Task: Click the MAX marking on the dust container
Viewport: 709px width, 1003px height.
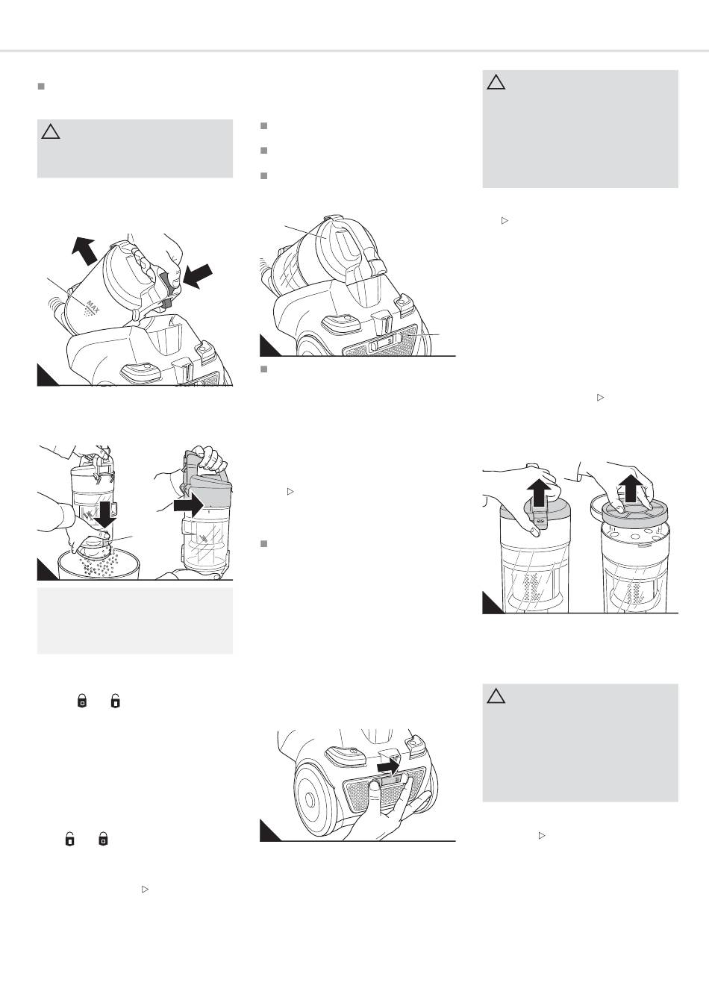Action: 92,307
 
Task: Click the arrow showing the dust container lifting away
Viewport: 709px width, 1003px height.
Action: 84,250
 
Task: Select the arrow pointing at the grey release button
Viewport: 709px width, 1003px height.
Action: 198,276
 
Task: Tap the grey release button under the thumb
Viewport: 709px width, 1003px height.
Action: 169,287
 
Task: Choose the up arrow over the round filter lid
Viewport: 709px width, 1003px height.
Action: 630,488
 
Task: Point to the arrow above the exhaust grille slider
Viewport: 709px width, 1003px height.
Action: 388,766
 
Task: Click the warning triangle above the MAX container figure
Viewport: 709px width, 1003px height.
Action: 51,132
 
